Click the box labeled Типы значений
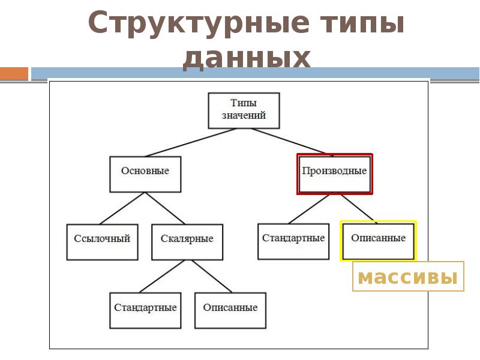click(x=244, y=110)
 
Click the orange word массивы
click(x=407, y=277)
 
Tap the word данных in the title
click(x=246, y=59)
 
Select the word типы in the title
click(x=361, y=24)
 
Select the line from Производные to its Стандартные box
click(x=315, y=208)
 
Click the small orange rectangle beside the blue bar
click(x=14, y=73)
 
